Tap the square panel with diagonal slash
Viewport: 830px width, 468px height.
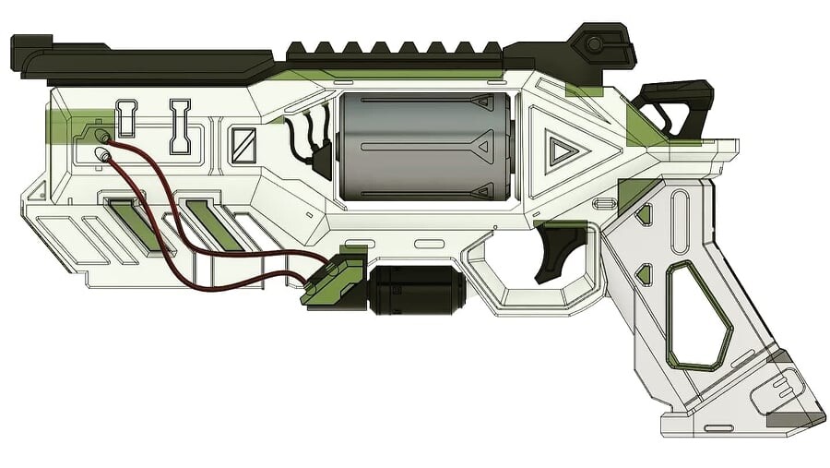click(x=243, y=145)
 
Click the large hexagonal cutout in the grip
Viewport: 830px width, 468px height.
click(x=699, y=314)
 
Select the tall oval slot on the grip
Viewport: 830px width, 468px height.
click(x=680, y=222)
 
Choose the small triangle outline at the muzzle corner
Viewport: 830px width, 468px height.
click(x=38, y=191)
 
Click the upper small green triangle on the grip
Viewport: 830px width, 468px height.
click(x=644, y=214)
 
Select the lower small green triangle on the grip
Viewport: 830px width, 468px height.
click(x=644, y=273)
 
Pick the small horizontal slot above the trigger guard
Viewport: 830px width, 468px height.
click(x=429, y=244)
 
